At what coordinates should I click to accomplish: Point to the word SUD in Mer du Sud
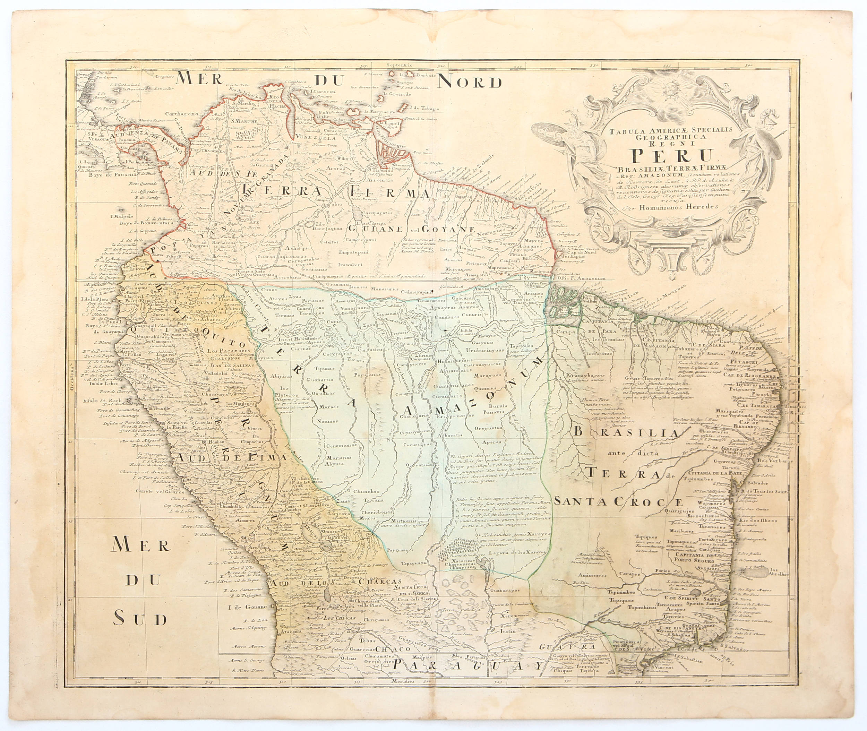(140, 619)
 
